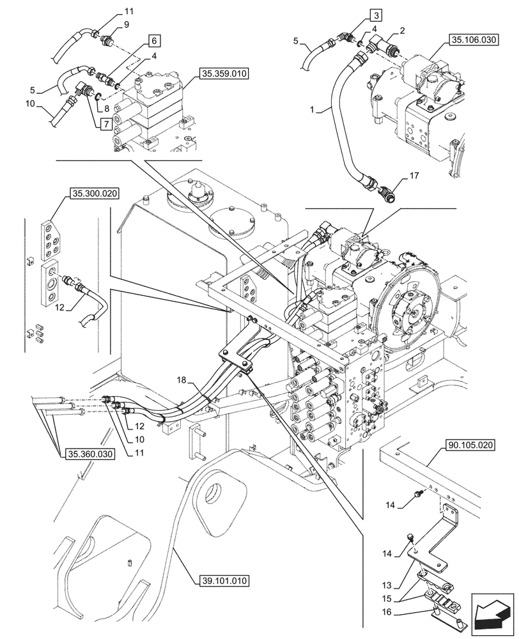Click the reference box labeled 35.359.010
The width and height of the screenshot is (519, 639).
click(224, 73)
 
